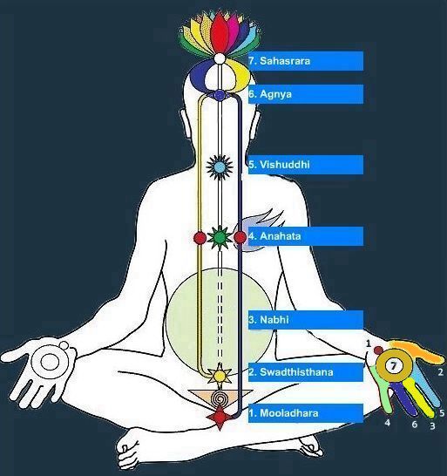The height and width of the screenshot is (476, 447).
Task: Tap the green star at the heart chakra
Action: pyautogui.click(x=220, y=238)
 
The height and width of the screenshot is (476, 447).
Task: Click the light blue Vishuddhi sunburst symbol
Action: pyautogui.click(x=220, y=167)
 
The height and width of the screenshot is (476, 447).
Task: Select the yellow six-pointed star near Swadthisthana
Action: pyautogui.click(x=220, y=376)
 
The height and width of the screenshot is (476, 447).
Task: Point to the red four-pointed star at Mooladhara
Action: pyautogui.click(x=220, y=417)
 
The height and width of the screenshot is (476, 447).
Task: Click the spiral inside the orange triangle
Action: pyautogui.click(x=219, y=398)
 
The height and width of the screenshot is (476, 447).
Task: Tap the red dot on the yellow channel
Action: pyautogui.click(x=200, y=238)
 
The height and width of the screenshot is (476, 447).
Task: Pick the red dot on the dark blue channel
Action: pyautogui.click(x=240, y=237)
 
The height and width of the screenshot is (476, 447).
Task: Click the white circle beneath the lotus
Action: pyautogui.click(x=220, y=58)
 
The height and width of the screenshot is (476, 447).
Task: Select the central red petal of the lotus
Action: pyautogui.click(x=220, y=33)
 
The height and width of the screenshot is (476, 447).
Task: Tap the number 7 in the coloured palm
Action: pyautogui.click(x=393, y=366)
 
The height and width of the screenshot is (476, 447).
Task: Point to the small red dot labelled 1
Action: pyautogui.click(x=378, y=350)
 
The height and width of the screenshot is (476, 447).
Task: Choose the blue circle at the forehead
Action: pyautogui.click(x=220, y=95)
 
